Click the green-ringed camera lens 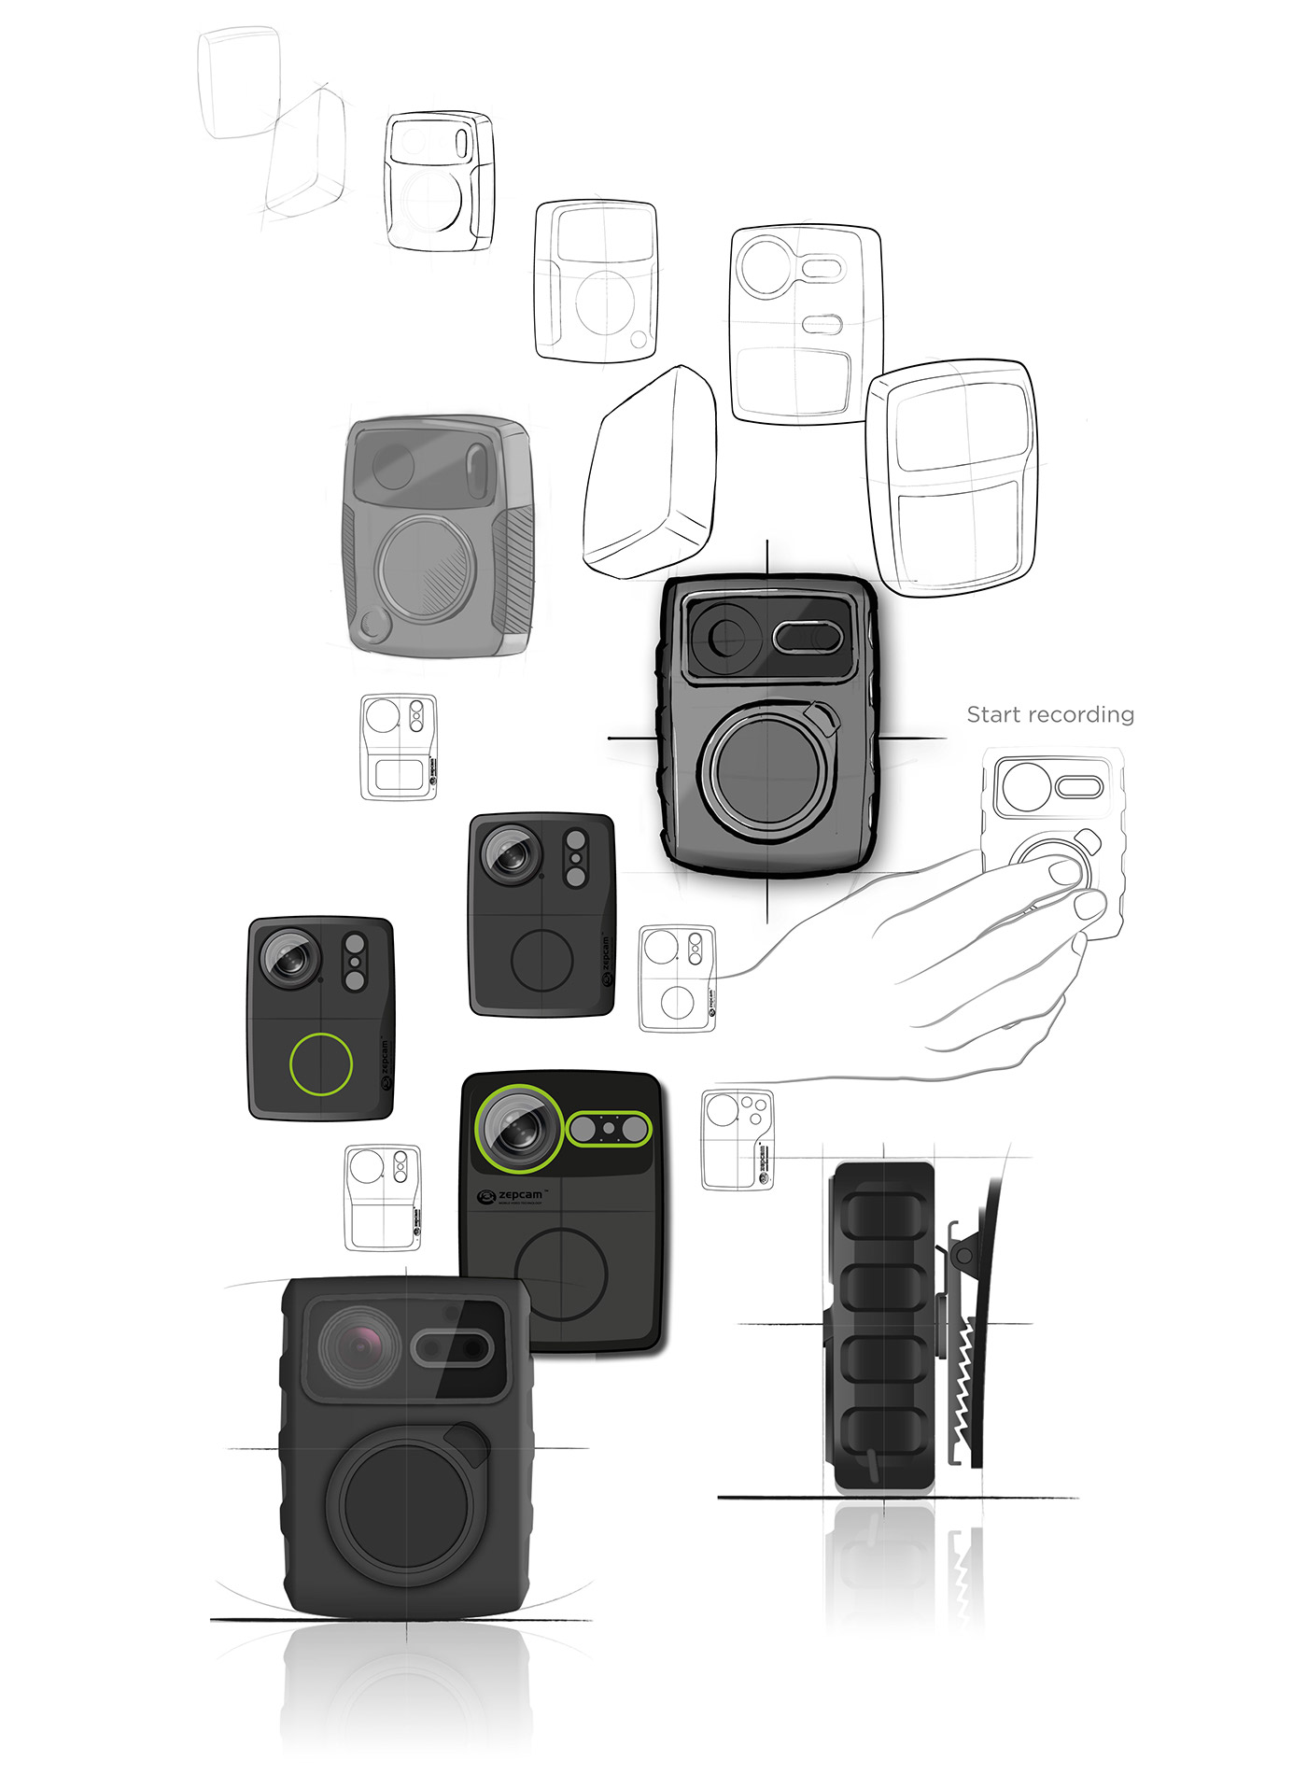516,1129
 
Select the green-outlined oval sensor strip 609,1129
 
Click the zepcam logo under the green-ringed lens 510,1196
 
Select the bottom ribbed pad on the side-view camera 882,1438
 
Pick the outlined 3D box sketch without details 650,472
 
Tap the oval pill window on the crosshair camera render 808,638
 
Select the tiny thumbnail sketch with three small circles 738,1138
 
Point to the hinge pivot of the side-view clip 963,1257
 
